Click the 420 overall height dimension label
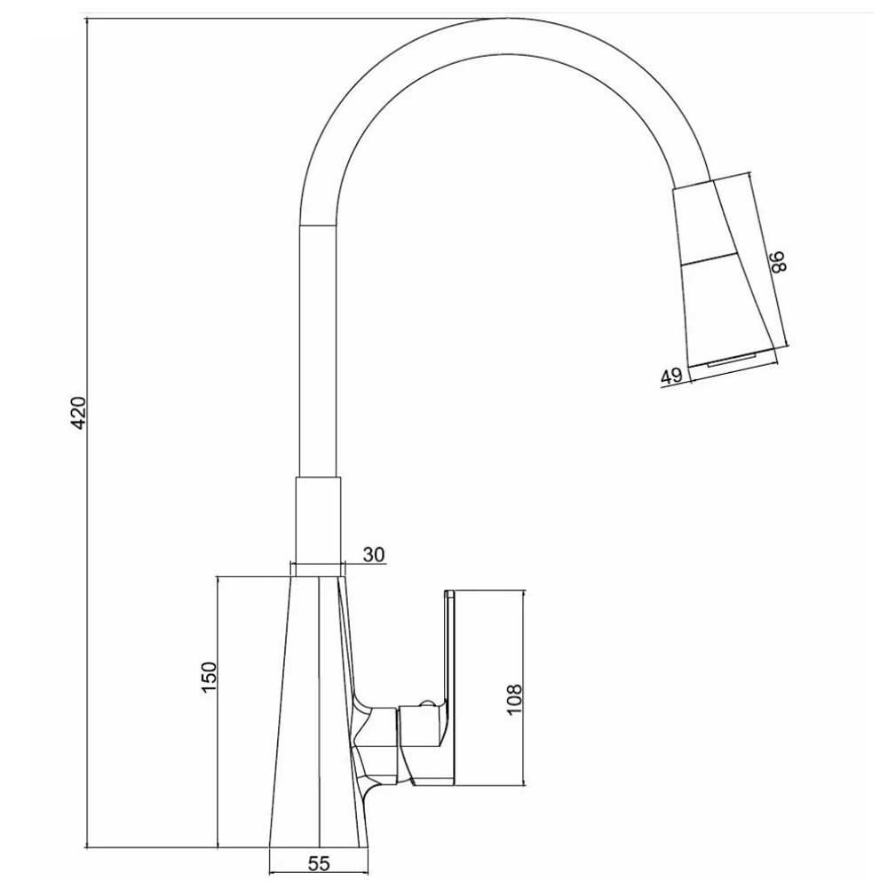80,413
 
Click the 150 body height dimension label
209,678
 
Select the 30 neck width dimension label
373,554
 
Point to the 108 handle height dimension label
513,700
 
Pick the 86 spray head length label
778,262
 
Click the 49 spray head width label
671,377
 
